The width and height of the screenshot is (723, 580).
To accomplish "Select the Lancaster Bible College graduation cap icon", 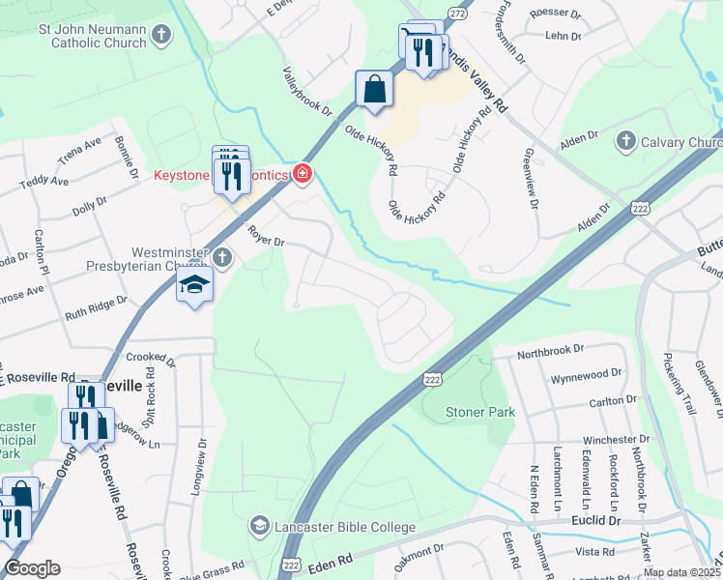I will (258, 527).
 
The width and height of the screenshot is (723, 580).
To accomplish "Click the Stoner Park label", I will (479, 412).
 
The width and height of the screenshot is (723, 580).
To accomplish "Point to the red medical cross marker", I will (304, 173).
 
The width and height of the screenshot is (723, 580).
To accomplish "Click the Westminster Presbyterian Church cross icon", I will (223, 257).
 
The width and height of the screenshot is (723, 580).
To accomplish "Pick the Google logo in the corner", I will (32, 568).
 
